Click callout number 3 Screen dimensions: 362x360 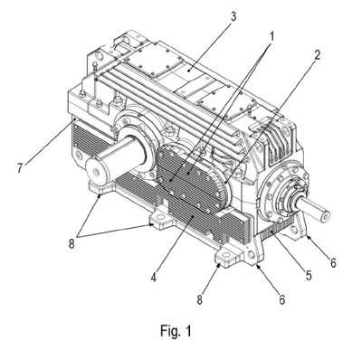pos(233,16)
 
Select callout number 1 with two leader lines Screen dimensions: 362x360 pos(271,37)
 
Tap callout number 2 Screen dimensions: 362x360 pos(317,54)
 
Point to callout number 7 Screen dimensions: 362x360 pos(20,167)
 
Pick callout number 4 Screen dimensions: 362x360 pos(154,277)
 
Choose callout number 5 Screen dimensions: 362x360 pos(308,275)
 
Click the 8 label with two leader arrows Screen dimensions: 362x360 pos(71,243)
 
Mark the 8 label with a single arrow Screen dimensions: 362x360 pos(199,299)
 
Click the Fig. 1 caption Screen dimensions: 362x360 pos(176,331)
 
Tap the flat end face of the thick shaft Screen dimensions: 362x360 pos(96,172)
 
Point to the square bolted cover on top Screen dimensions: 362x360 pos(154,62)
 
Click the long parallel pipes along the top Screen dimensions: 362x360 pos(169,99)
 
